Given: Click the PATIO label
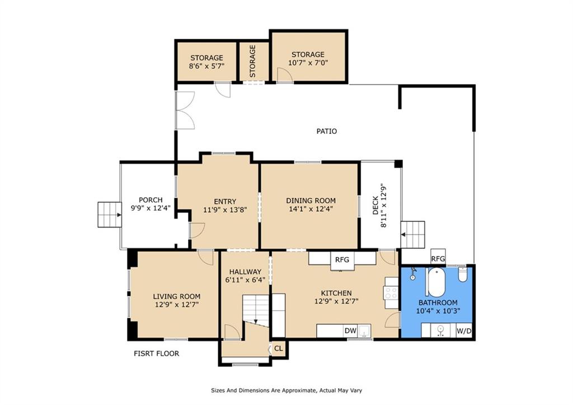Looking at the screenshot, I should coord(326,131).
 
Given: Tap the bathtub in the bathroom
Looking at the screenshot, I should coord(435,282).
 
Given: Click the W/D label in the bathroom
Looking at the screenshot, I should coord(464,331).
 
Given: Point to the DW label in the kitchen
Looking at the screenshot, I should coord(350,331).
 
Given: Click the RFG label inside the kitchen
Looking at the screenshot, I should coord(342,259).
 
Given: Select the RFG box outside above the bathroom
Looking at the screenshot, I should coord(438,259).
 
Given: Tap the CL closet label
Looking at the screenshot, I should coord(278,348).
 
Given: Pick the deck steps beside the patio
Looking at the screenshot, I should coord(413,234).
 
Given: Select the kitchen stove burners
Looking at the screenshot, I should coord(391,294).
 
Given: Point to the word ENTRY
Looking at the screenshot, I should coord(225,202).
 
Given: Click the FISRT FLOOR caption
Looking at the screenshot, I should coord(156,353).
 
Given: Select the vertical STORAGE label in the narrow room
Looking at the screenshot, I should coord(253,62).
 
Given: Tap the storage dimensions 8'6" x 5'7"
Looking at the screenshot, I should coord(206,66).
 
